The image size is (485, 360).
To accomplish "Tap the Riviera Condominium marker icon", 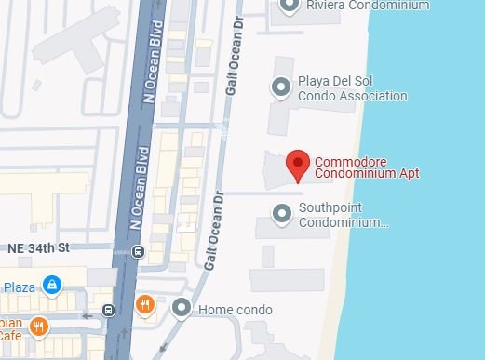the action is coord(290,6).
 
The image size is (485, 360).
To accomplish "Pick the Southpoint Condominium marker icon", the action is coord(282,214).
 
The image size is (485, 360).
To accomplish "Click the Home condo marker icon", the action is coord(182,308).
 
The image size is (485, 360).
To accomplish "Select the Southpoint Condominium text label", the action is coord(342,215).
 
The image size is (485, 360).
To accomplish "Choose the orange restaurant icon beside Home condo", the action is coord(144,303).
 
